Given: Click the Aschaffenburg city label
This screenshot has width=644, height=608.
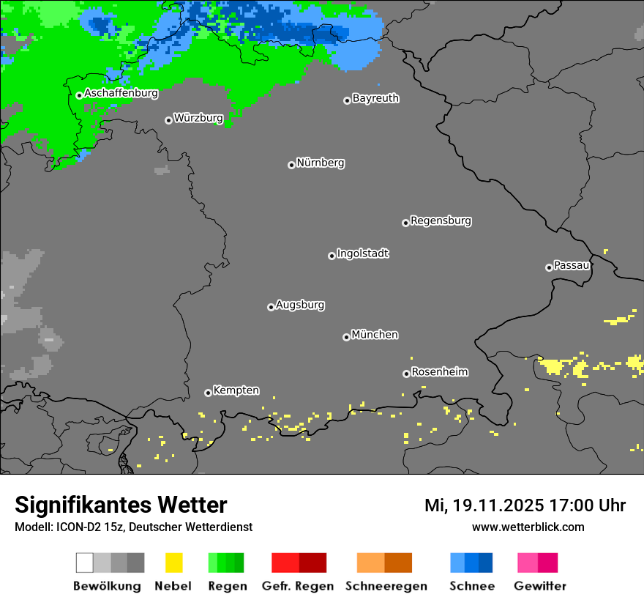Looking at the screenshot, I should pyautogui.click(x=121, y=93).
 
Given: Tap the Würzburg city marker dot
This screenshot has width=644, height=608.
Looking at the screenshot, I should pyautogui.click(x=168, y=120).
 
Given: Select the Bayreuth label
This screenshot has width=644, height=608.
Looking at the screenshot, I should pyautogui.click(x=375, y=98).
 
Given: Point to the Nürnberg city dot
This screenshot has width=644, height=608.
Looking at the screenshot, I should pyautogui.click(x=291, y=165).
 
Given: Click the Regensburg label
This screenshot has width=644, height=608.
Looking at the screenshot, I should pyautogui.click(x=441, y=220).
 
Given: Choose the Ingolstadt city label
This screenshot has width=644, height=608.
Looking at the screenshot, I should pyautogui.click(x=362, y=253).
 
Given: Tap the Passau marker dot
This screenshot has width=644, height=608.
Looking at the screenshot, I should pyautogui.click(x=549, y=267).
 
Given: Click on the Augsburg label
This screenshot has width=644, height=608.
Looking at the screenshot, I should pyautogui.click(x=300, y=305).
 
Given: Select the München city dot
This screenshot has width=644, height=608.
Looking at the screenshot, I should pyautogui.click(x=346, y=337).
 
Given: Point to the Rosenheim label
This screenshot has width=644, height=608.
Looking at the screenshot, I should pyautogui.click(x=439, y=371).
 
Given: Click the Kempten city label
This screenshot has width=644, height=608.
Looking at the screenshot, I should pyautogui.click(x=236, y=390).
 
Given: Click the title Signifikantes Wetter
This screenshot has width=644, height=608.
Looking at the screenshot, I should pyautogui.click(x=121, y=505).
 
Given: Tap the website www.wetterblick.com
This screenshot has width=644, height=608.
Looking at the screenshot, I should pyautogui.click(x=528, y=527).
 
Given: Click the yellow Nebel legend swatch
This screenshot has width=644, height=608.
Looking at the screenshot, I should pyautogui.click(x=173, y=563).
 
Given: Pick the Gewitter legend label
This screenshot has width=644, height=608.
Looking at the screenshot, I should pyautogui.click(x=539, y=586).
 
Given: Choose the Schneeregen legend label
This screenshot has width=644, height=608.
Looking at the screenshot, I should pyautogui.click(x=385, y=586).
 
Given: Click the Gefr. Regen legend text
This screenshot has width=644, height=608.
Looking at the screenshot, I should pyautogui.click(x=299, y=586).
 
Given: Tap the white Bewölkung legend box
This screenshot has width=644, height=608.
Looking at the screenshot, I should pyautogui.click(x=84, y=563).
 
